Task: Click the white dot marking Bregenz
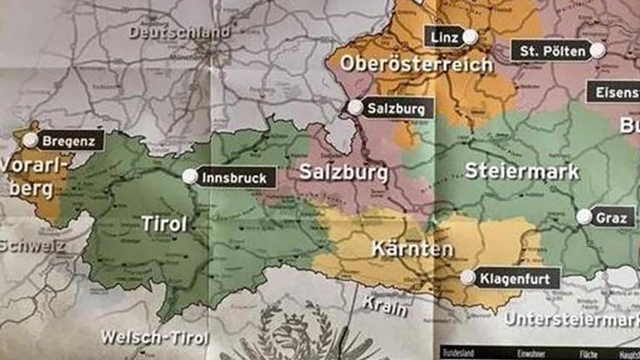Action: pos(31,140)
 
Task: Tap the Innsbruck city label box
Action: pos(234,177)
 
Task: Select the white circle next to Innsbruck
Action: pos(190,177)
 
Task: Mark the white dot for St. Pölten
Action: pos(597,51)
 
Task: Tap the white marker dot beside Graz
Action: pos(584,217)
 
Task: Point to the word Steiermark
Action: pos(522,172)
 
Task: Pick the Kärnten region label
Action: pos(412,249)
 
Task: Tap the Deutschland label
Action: pos(179,32)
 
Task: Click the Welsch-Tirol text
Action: pos(154,337)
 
